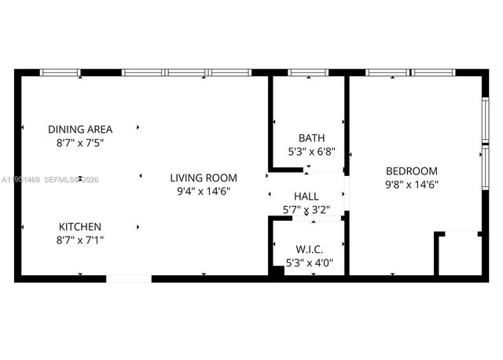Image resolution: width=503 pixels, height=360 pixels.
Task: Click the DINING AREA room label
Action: point(80,129)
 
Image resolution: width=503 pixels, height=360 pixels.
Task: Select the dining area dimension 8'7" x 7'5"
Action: point(80,143)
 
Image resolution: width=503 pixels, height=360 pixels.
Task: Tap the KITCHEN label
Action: point(80,224)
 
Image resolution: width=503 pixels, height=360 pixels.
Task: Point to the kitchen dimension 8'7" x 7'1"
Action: point(80,238)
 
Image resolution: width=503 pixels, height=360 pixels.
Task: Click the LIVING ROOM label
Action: point(204,178)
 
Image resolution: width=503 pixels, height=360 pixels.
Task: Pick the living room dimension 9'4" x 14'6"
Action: point(204,192)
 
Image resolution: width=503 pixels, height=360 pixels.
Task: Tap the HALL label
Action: point(306,196)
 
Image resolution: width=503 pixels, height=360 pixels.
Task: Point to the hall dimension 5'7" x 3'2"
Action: point(306,210)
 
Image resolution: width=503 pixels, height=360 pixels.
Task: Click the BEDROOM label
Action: point(411,171)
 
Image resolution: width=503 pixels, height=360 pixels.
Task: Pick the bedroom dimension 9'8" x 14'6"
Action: point(411,185)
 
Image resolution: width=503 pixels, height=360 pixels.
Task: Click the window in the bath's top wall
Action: point(308,73)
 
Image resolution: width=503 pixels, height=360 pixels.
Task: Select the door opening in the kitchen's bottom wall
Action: point(128,277)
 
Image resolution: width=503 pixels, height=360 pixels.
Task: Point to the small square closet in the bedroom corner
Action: point(459,254)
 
